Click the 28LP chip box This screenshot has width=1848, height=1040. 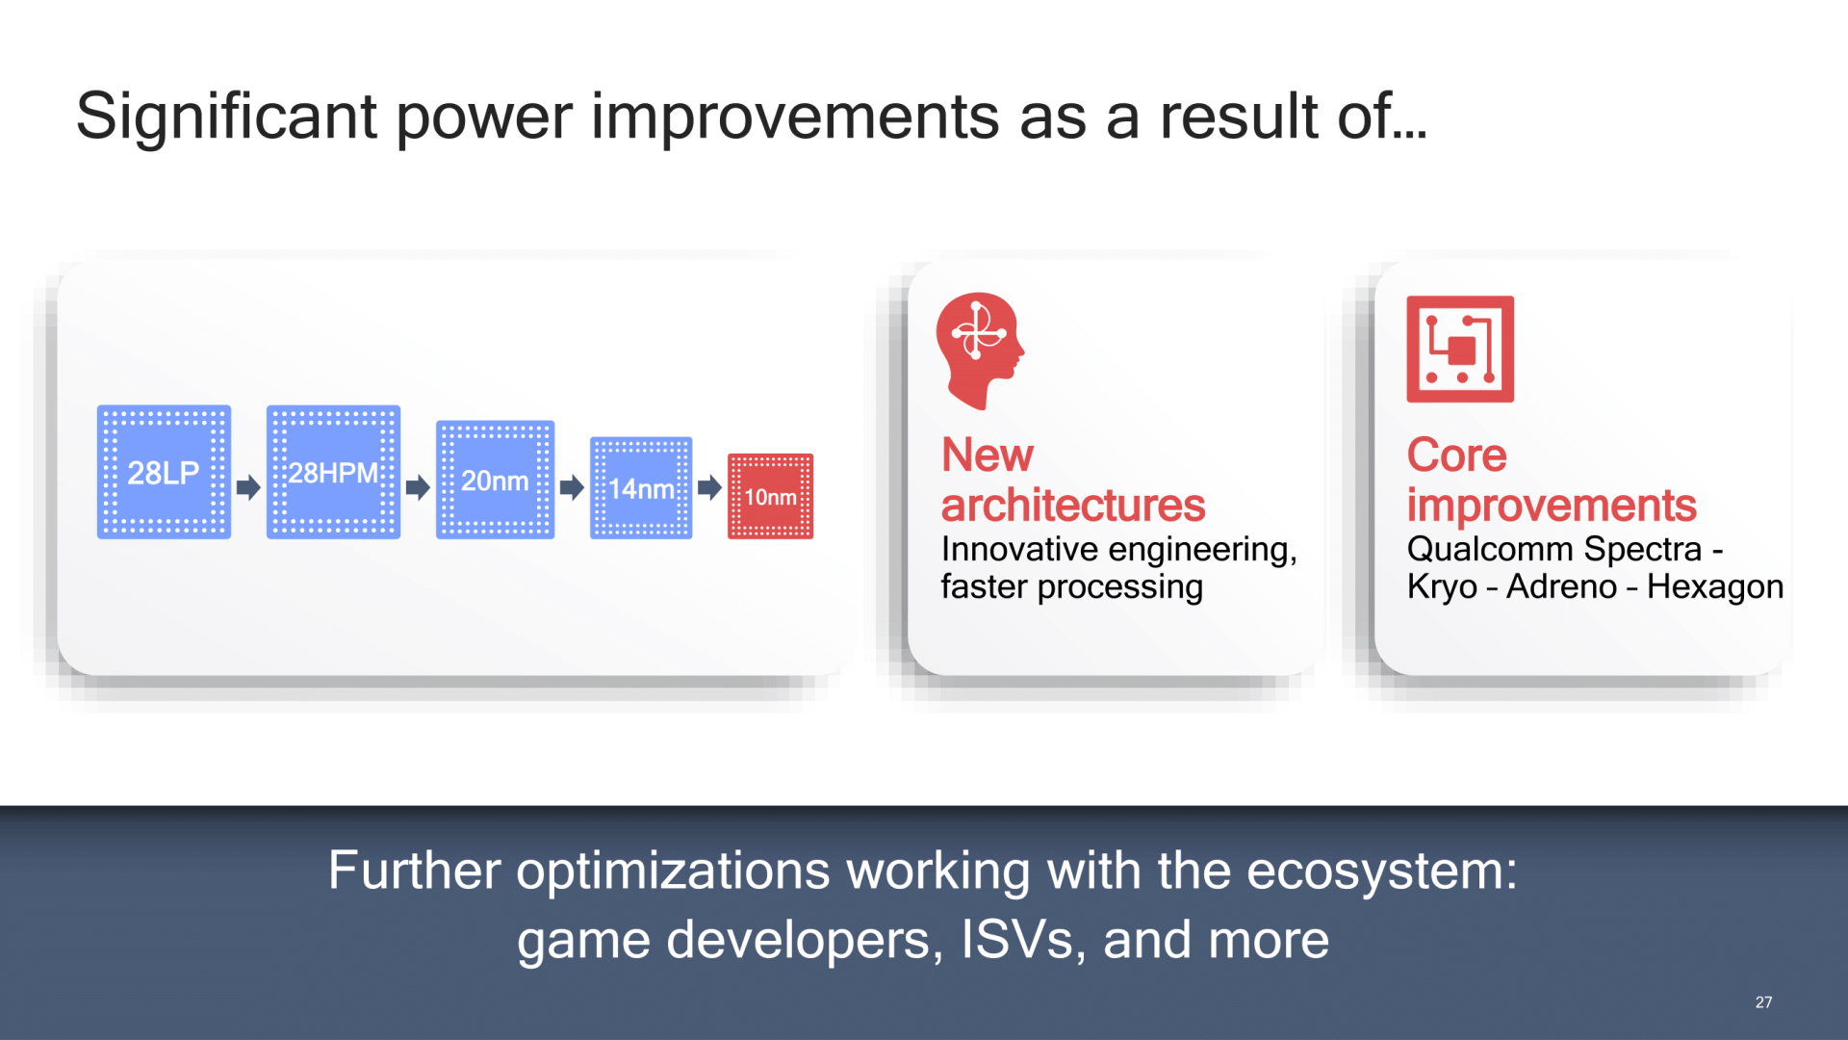tap(164, 472)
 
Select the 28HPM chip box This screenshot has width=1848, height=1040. tap(333, 472)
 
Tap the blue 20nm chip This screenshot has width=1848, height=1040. tap(495, 480)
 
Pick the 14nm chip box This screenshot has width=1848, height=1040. tap(641, 488)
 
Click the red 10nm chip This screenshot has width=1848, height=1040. tap(770, 496)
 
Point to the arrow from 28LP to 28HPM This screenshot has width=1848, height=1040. tap(248, 487)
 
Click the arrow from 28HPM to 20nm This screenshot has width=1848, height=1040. tap(418, 487)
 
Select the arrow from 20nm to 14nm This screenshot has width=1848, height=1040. tap(572, 487)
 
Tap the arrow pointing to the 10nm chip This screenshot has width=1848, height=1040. tap(709, 487)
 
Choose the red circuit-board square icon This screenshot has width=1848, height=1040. tap(1460, 349)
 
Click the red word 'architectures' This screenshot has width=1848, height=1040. tap(1073, 506)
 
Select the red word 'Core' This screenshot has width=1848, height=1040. tap(1456, 455)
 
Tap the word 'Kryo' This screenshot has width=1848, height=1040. tap(1442, 586)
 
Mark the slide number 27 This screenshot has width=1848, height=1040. tap(1763, 1002)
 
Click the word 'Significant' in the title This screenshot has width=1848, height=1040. tap(226, 117)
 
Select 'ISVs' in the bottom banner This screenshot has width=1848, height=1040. tap(1016, 940)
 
